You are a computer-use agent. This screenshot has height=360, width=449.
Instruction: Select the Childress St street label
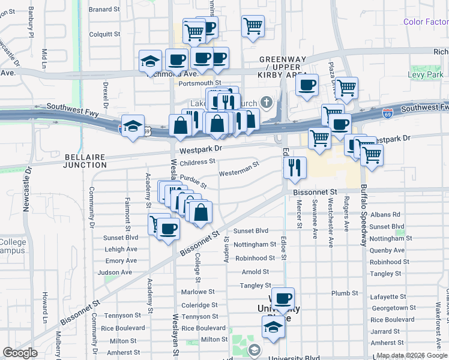[x=197, y=162]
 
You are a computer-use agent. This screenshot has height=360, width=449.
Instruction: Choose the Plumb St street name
[x=345, y=293]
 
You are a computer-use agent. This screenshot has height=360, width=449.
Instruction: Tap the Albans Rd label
[x=385, y=214]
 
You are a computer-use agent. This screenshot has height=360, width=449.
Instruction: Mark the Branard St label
[x=104, y=10]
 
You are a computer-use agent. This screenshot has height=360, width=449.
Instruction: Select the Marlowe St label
[x=197, y=292]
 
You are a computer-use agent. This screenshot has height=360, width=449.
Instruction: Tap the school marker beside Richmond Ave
[x=150, y=61]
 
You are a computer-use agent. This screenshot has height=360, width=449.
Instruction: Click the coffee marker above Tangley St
[x=283, y=298]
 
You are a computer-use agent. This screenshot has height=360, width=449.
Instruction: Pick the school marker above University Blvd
[x=273, y=327]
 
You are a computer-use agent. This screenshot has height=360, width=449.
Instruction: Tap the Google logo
[x=20, y=353]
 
